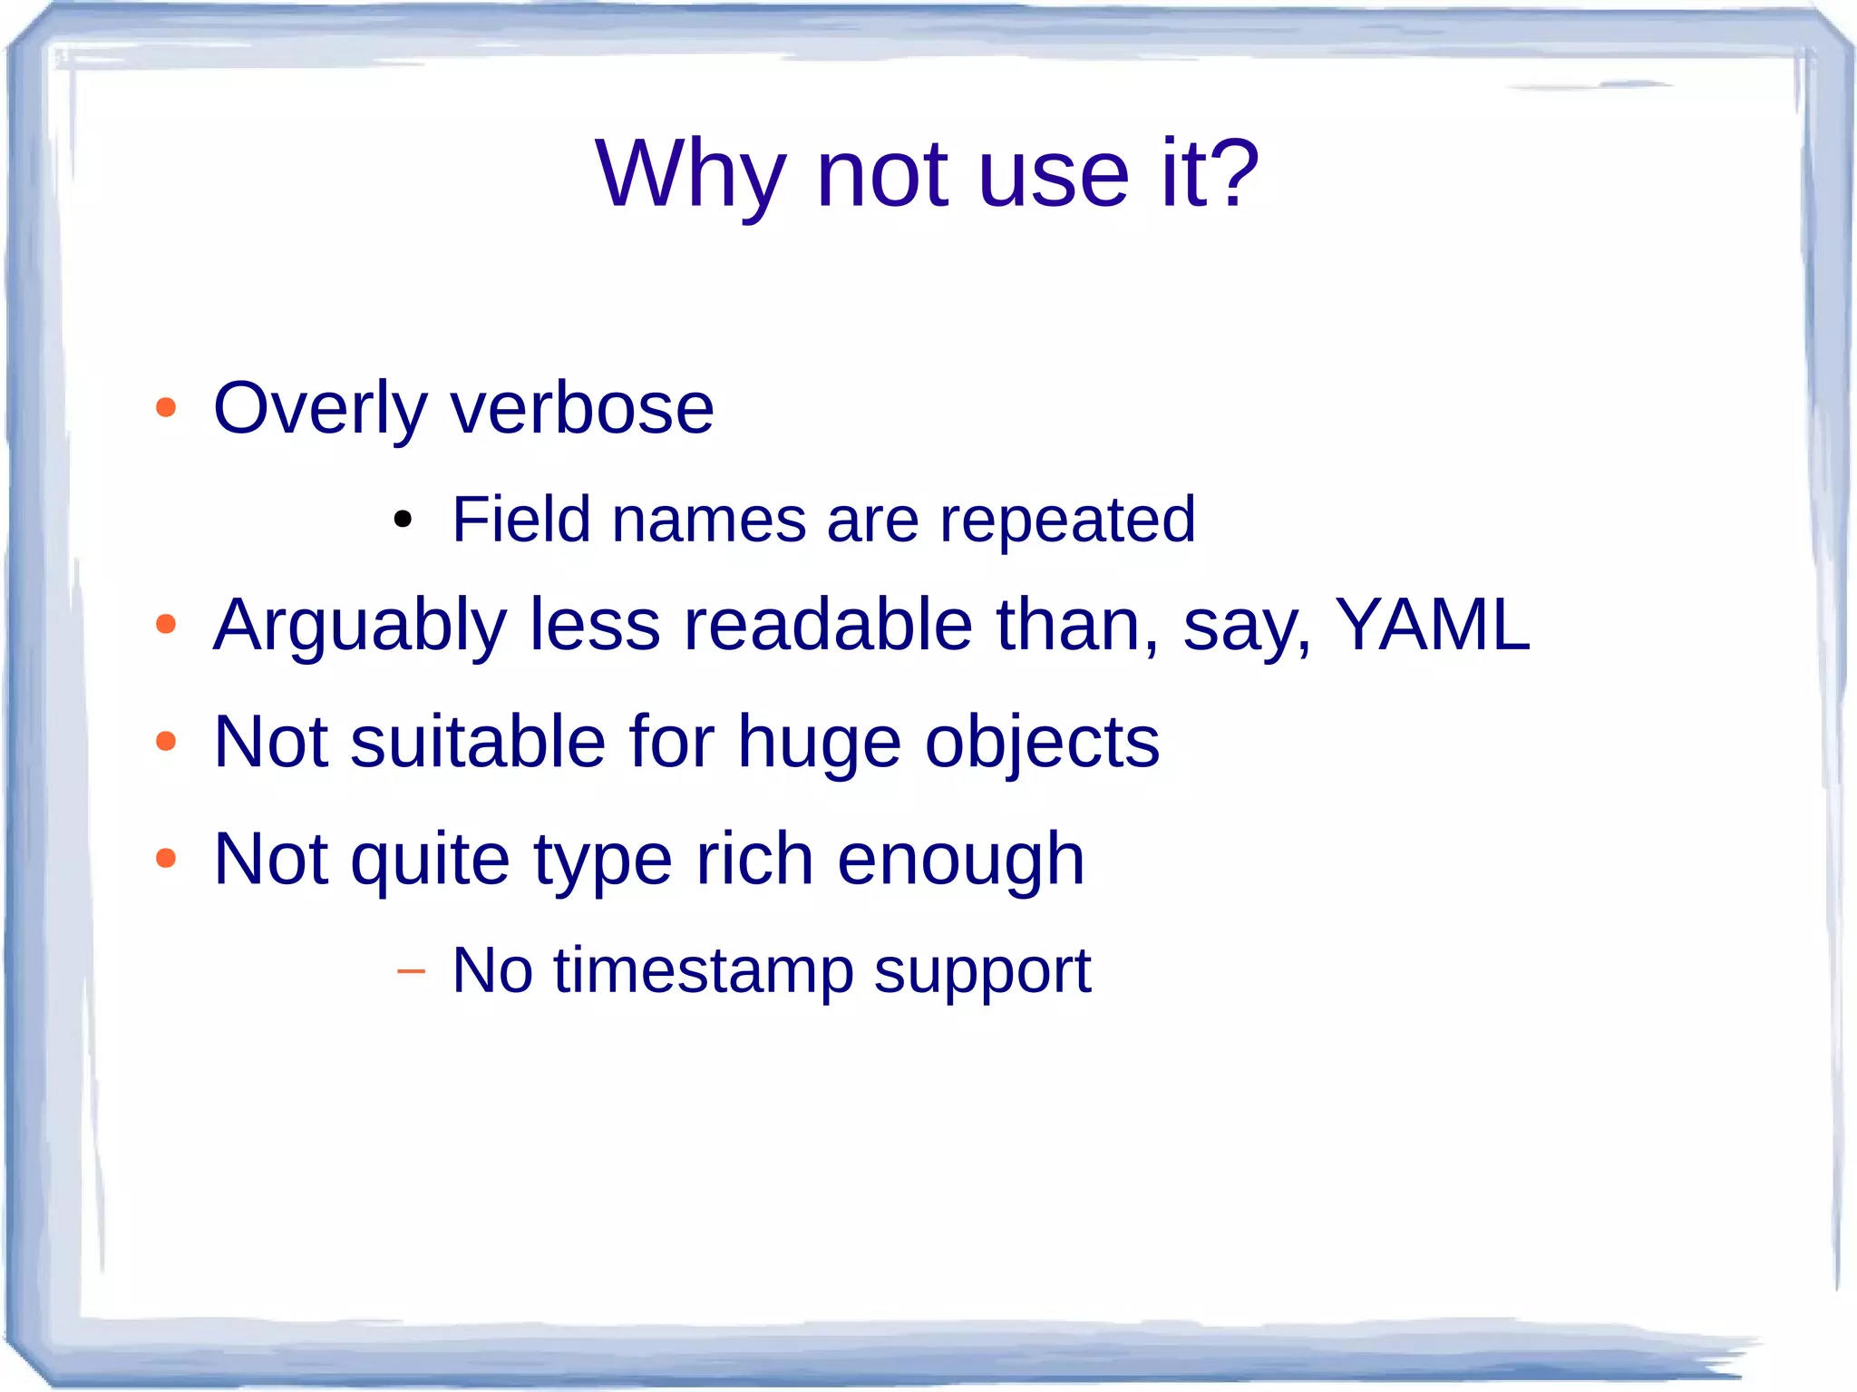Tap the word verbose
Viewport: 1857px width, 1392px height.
582,409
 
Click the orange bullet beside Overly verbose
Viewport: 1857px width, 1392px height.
166,407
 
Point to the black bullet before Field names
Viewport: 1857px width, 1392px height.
403,521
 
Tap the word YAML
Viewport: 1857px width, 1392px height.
1433,625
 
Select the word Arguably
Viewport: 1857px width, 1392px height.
359,627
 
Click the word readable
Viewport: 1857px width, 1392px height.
828,625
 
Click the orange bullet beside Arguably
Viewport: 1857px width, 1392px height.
166,624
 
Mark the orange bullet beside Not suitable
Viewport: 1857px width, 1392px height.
166,742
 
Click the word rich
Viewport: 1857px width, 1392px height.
753,859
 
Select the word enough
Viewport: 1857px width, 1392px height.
960,861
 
